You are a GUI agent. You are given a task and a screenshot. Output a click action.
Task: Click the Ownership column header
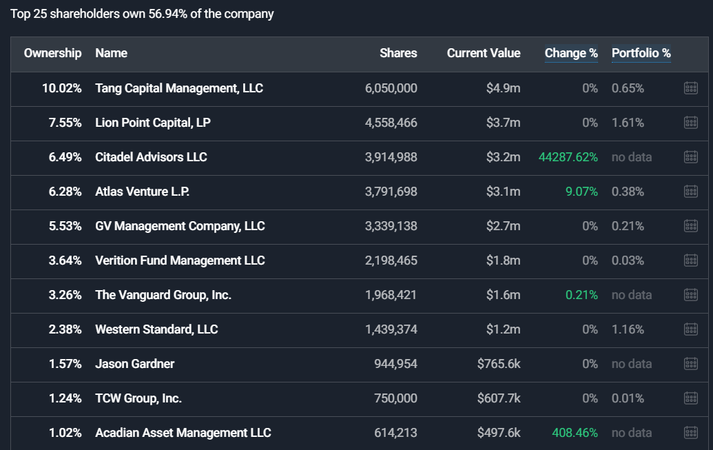point(53,53)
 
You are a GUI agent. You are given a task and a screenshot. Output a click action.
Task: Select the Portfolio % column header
point(641,53)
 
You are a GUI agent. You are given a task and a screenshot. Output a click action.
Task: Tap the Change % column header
point(571,53)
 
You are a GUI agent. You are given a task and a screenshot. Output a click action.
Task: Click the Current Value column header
point(484,53)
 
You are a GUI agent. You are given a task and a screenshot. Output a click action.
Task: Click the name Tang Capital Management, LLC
point(179,88)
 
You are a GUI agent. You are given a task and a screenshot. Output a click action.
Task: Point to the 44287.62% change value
point(568,157)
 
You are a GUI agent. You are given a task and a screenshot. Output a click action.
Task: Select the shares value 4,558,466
point(391,123)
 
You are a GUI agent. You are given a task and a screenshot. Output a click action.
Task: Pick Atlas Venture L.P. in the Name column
point(143,192)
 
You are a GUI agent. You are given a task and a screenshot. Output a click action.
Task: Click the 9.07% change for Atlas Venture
point(581,192)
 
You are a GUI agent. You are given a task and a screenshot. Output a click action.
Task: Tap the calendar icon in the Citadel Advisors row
point(691,157)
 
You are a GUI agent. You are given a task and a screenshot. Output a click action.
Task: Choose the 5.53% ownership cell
point(65,226)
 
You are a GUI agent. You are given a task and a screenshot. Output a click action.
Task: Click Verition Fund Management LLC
point(180,260)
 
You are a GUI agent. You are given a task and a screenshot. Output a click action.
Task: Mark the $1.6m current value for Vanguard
point(504,295)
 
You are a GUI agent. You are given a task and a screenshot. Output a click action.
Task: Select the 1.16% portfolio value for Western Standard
point(628,329)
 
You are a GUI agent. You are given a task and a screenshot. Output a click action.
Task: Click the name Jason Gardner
point(134,364)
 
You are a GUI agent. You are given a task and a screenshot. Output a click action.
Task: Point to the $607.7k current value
point(499,398)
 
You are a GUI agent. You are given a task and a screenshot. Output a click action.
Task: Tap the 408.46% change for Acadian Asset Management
point(575,433)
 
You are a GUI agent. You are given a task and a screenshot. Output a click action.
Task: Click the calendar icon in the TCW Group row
point(691,398)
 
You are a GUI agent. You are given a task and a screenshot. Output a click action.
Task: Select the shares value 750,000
point(395,398)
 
